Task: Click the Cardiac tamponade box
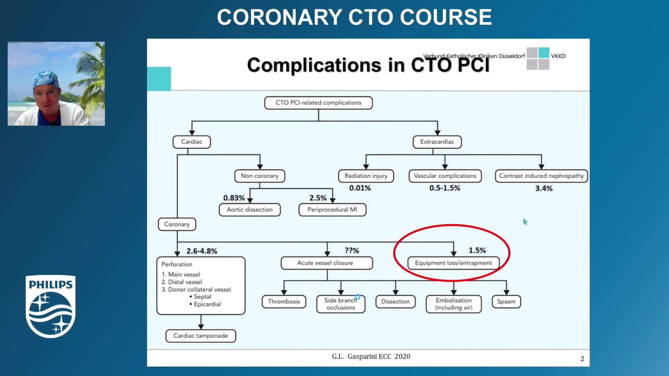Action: (201, 336)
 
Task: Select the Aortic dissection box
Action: (249, 210)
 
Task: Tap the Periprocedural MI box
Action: (332, 210)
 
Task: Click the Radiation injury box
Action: (366, 176)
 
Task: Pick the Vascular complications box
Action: (445, 176)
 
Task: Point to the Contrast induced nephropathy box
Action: (541, 176)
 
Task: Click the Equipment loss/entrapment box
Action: (453, 263)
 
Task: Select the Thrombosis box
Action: (284, 301)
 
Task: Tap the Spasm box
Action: (506, 301)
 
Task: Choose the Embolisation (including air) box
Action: (453, 304)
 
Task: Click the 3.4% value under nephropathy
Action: (544, 188)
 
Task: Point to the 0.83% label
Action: (234, 198)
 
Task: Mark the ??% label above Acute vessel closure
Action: (352, 250)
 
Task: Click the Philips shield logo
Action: (51, 306)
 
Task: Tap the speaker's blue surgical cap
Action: (46, 79)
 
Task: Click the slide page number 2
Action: (582, 359)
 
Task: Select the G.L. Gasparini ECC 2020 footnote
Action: (371, 357)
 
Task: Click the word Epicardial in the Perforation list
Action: (207, 304)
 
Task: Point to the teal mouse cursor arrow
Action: (525, 222)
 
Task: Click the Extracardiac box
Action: (437, 142)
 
